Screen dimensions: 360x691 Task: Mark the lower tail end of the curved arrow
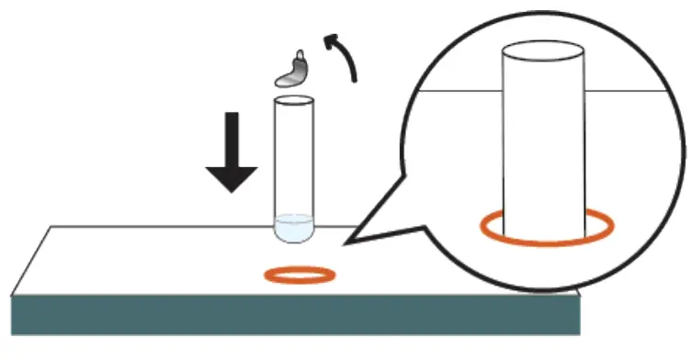click(354, 81)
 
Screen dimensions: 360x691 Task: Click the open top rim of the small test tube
click(294, 99)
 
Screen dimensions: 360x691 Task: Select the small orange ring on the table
click(300, 274)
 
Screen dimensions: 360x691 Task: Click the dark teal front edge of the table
click(294, 315)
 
